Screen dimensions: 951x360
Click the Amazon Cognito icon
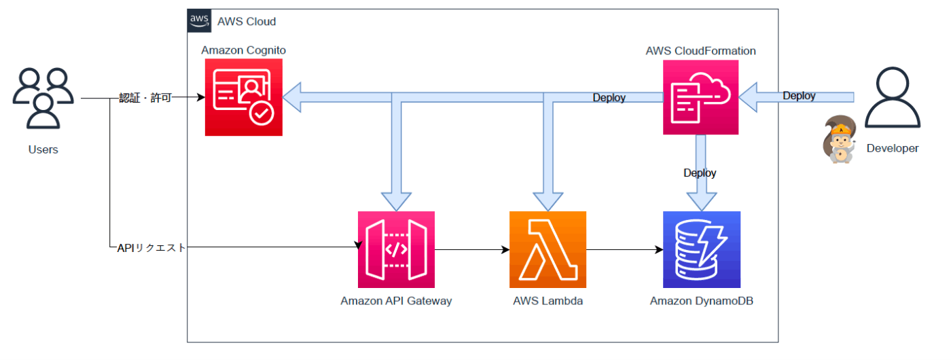(x=244, y=97)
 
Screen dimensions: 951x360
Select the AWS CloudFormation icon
(x=700, y=97)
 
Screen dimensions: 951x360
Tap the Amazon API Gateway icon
(x=396, y=250)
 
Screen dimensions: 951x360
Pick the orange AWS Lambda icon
(x=548, y=250)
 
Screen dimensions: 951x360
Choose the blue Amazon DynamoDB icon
(x=702, y=250)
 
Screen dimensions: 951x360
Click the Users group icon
(x=43, y=98)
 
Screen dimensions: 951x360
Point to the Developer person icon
(x=893, y=97)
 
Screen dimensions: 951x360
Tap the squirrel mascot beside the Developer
(x=839, y=139)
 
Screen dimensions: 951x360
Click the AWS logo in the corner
(x=199, y=21)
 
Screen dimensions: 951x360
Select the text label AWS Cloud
(x=247, y=22)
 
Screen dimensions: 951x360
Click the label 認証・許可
(x=145, y=98)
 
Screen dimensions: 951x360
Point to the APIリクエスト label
(x=151, y=247)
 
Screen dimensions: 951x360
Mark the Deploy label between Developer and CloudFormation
(x=799, y=96)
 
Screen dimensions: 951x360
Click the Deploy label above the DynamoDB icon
(x=700, y=173)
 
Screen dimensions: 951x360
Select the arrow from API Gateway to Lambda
(x=472, y=250)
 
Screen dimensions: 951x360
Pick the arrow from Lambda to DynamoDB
(x=624, y=250)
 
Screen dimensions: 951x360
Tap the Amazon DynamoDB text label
(x=701, y=301)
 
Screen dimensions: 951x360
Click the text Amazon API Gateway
(x=396, y=301)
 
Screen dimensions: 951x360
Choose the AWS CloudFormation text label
(x=700, y=51)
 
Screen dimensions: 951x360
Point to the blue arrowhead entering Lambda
(x=548, y=201)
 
